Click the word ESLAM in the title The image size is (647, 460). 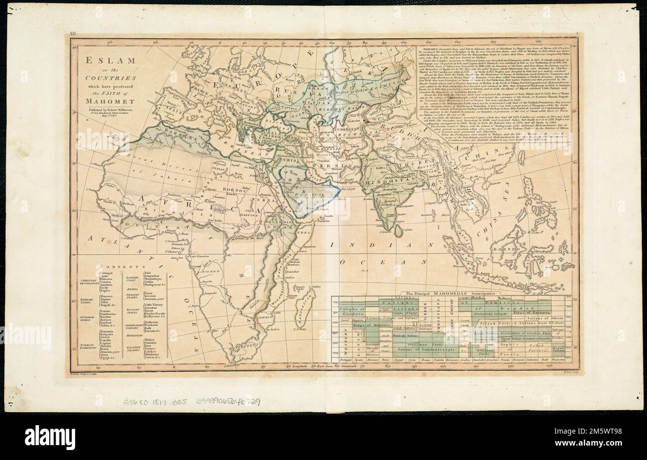[x=106, y=61]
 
